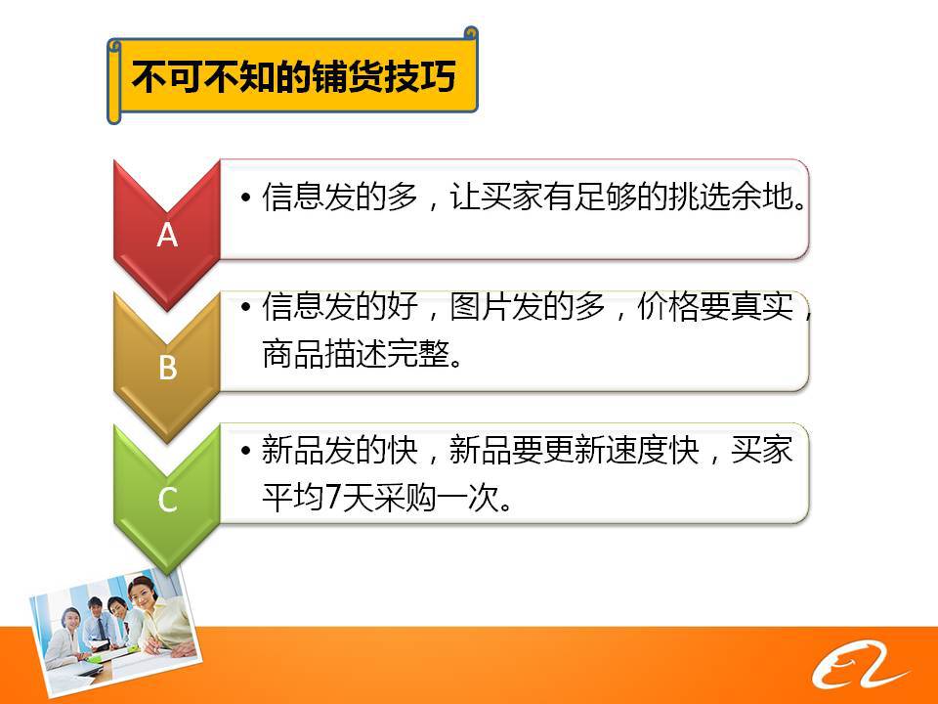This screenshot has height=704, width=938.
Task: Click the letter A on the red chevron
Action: pos(167,234)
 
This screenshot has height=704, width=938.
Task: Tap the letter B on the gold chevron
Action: pos(168,367)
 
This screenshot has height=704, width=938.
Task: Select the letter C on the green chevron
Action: pos(167,500)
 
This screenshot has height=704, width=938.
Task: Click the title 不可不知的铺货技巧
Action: pos(293,76)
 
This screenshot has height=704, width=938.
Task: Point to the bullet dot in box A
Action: pos(245,197)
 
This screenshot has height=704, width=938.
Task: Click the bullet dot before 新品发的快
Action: pos(245,450)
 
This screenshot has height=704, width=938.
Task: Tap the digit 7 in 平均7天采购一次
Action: pos(332,498)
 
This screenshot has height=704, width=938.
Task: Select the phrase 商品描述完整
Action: pos(356,353)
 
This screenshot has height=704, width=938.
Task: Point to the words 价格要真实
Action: pos(715,306)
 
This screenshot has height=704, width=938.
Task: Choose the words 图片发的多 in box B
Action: pos(527,306)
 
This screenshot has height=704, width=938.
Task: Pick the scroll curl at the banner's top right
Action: pos(471,33)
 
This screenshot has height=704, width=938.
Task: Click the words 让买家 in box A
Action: pos(496,197)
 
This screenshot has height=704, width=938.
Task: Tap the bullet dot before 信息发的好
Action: pos(245,306)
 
